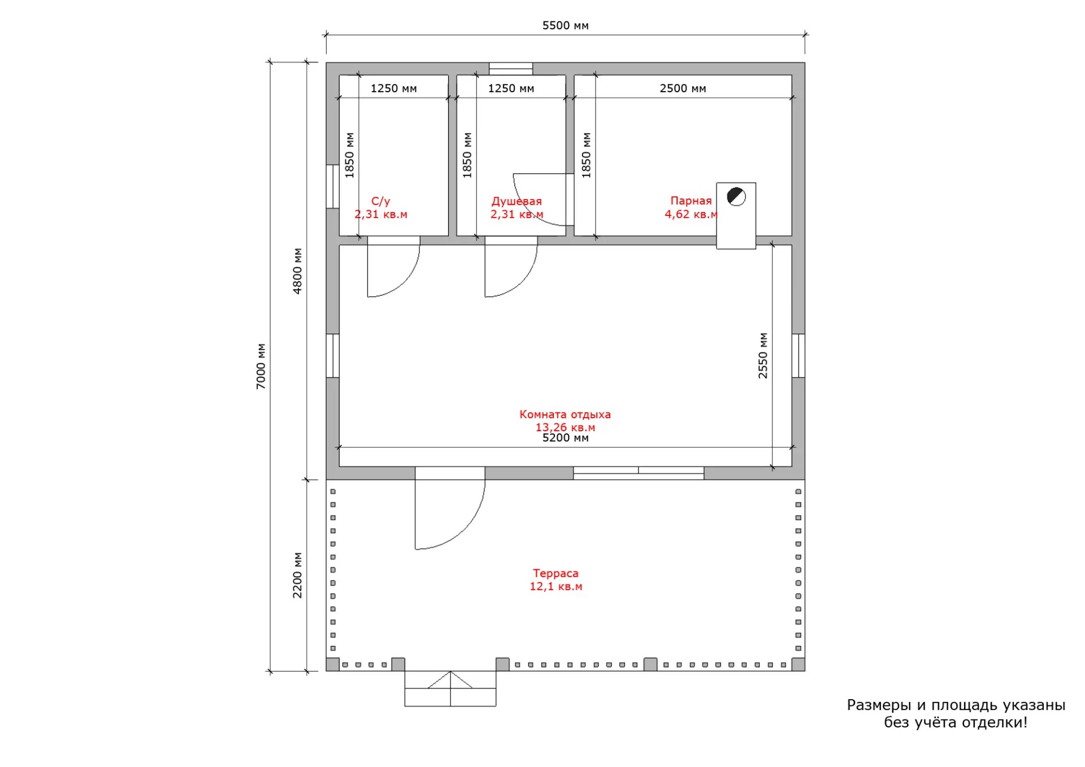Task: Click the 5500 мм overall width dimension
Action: (x=565, y=25)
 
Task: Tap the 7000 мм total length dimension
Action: (x=261, y=366)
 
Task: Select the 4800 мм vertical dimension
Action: (x=297, y=271)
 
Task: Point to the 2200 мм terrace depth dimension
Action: (x=297, y=575)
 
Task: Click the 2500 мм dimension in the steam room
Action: (x=683, y=88)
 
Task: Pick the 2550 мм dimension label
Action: (x=763, y=356)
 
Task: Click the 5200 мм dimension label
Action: (x=565, y=438)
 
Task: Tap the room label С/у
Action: (x=381, y=201)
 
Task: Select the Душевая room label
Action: (x=517, y=201)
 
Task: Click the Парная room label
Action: (x=691, y=201)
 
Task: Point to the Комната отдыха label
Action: (x=565, y=414)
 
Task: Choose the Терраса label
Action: (x=555, y=573)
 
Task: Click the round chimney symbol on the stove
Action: (x=736, y=197)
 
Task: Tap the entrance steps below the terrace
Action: (x=450, y=688)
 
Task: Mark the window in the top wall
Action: (x=511, y=68)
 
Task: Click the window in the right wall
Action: (x=798, y=356)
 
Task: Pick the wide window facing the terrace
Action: (x=639, y=473)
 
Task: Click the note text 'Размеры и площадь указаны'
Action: (x=956, y=705)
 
